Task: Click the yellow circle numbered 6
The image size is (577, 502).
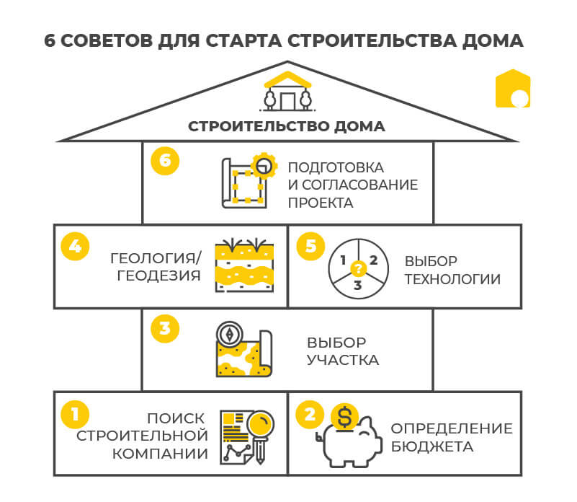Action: [x=165, y=160]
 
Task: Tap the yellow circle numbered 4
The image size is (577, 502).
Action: [x=75, y=244]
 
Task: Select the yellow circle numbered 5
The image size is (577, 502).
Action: [x=310, y=245]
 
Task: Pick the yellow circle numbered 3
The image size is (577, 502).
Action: [x=164, y=328]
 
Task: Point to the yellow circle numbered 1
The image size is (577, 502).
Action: [x=75, y=413]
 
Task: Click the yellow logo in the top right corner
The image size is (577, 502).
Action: [x=513, y=89]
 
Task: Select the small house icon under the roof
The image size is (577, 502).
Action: [x=287, y=94]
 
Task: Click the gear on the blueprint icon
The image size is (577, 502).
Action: [x=264, y=166]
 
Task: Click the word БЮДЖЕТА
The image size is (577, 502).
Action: [x=432, y=447]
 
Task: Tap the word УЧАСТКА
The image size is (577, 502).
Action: [x=343, y=359]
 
